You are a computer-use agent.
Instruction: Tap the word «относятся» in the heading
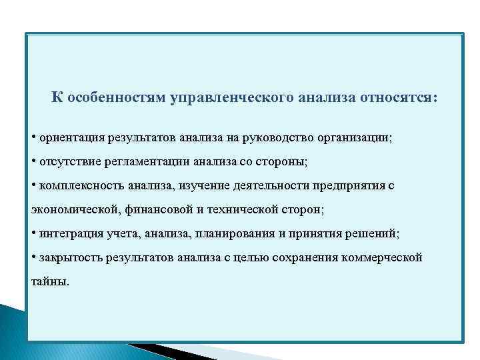399,98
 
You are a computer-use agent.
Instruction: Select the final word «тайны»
49,281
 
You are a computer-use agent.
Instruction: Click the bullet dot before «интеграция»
34,233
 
